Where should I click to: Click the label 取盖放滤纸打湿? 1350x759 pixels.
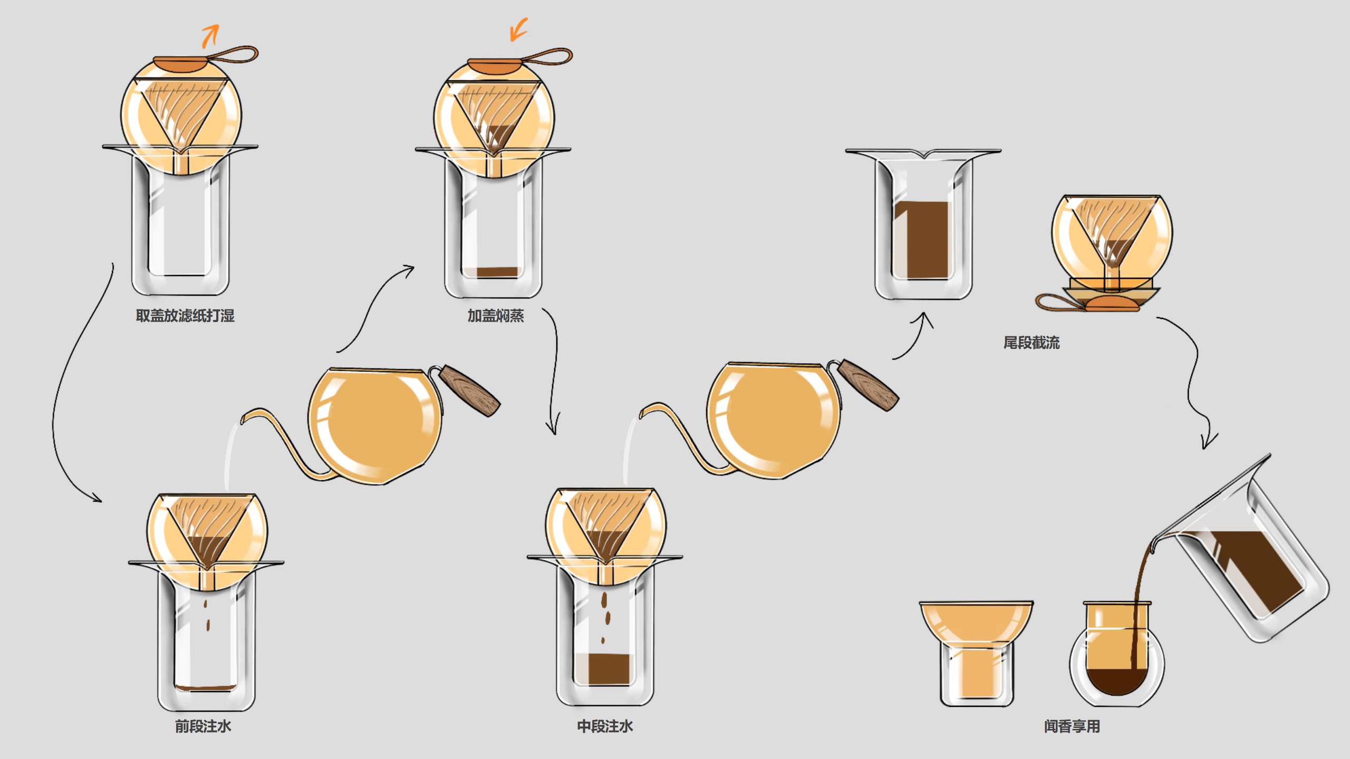click(185, 316)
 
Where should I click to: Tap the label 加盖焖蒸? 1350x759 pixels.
click(495, 316)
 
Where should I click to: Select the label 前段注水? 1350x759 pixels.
click(203, 726)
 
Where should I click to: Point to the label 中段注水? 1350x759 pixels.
click(605, 726)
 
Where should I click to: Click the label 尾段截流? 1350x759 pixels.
click(1031, 343)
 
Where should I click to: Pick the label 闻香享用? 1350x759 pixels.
click(1072, 726)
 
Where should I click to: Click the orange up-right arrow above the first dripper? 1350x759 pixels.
click(210, 36)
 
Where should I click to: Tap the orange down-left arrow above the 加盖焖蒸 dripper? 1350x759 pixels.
click(518, 30)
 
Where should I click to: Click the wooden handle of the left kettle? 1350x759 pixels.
click(469, 391)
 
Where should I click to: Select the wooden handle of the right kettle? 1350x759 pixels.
click(868, 385)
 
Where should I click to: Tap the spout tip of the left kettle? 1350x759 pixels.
click(244, 419)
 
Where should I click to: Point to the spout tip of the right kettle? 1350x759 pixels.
click(642, 412)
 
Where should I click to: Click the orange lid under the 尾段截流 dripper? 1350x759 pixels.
click(1112, 304)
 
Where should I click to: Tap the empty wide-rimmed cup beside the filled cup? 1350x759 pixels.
click(976, 651)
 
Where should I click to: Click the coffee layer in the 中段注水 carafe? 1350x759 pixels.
click(609, 669)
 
